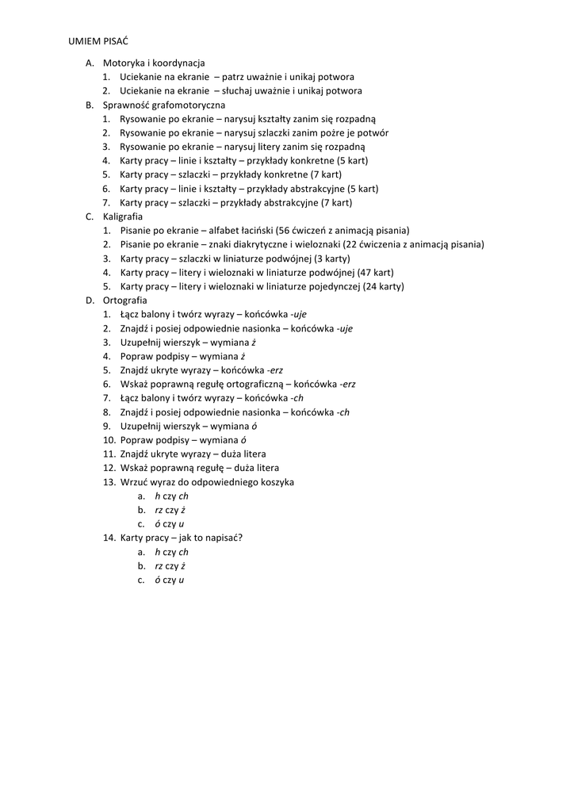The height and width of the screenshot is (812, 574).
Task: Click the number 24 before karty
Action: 372,286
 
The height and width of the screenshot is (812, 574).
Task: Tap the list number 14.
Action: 109,538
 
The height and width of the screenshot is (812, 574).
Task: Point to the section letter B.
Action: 89,105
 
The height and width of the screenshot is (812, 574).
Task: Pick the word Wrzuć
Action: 133,481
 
